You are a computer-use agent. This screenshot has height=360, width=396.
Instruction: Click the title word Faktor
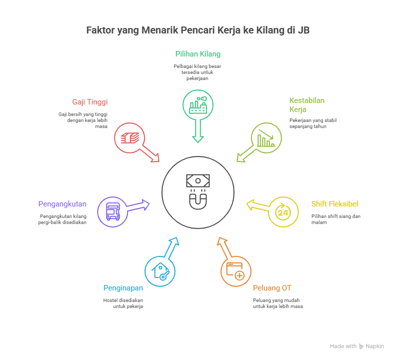(99, 30)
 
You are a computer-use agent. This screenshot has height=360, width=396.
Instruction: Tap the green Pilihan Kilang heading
(197, 54)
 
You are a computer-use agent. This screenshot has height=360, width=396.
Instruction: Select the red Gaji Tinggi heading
(90, 102)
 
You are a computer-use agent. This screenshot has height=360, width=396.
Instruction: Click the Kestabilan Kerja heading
(306, 105)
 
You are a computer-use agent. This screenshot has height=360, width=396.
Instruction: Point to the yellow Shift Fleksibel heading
(334, 204)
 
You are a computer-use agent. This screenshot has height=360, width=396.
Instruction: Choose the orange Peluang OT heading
(272, 288)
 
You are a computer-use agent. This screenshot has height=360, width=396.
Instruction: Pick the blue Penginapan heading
(123, 288)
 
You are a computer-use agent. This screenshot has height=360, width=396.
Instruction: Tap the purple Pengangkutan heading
(62, 204)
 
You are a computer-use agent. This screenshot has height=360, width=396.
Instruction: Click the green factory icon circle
(197, 104)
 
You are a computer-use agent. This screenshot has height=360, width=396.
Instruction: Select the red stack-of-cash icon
(129, 138)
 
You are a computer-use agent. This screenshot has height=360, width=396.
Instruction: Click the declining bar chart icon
(266, 138)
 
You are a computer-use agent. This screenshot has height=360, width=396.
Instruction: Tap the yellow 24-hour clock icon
(283, 212)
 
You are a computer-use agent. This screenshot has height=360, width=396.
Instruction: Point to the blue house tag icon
(160, 271)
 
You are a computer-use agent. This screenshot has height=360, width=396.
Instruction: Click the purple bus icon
(112, 212)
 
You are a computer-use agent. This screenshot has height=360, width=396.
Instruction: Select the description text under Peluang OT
(278, 303)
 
